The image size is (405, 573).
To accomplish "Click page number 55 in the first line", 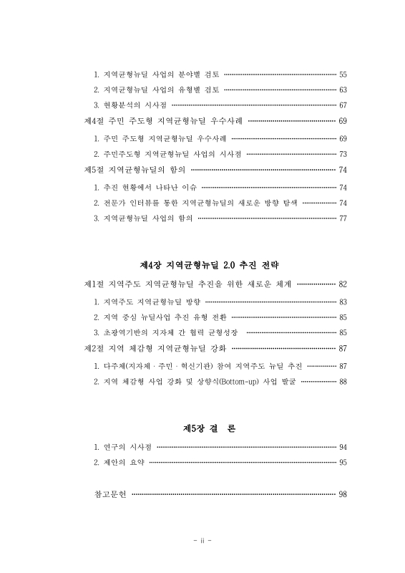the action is coord(342,74).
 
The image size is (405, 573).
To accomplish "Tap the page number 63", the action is coord(342,90).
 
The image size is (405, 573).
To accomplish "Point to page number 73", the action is coord(342,154).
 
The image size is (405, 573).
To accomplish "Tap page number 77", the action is coord(342,218).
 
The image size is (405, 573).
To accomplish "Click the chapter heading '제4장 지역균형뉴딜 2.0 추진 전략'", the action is coord(202,264).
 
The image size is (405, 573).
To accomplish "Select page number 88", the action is coord(342,381).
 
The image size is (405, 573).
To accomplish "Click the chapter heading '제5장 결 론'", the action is coord(202,428).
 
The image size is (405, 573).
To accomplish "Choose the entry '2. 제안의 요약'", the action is coord(119,463).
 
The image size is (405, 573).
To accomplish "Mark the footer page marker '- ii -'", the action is coord(202,540).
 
